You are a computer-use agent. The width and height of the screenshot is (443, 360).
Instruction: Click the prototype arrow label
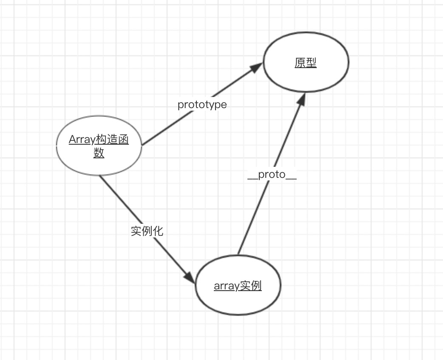tap(202, 105)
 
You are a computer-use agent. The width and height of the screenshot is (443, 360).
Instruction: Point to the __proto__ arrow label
tap(272, 175)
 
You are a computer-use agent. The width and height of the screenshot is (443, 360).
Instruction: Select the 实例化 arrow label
tap(147, 231)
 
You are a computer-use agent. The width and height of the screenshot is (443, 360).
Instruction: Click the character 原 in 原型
tap(300, 63)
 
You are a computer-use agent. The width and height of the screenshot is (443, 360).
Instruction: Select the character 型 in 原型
tap(311, 63)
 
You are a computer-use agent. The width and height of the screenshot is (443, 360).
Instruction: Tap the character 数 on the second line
tap(99, 152)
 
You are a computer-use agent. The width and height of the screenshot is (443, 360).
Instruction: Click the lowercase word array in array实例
tap(226, 286)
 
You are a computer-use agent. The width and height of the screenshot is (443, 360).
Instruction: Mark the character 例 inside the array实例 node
tap(256, 286)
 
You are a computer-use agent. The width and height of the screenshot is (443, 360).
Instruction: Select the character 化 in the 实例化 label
tap(158, 231)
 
